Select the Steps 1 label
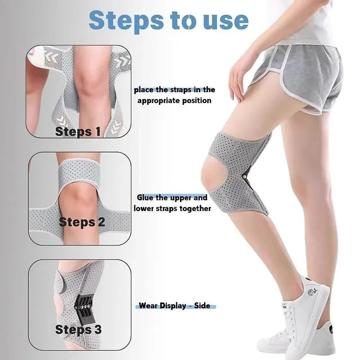point(78,132)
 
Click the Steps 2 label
point(82,222)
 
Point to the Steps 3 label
point(78,329)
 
